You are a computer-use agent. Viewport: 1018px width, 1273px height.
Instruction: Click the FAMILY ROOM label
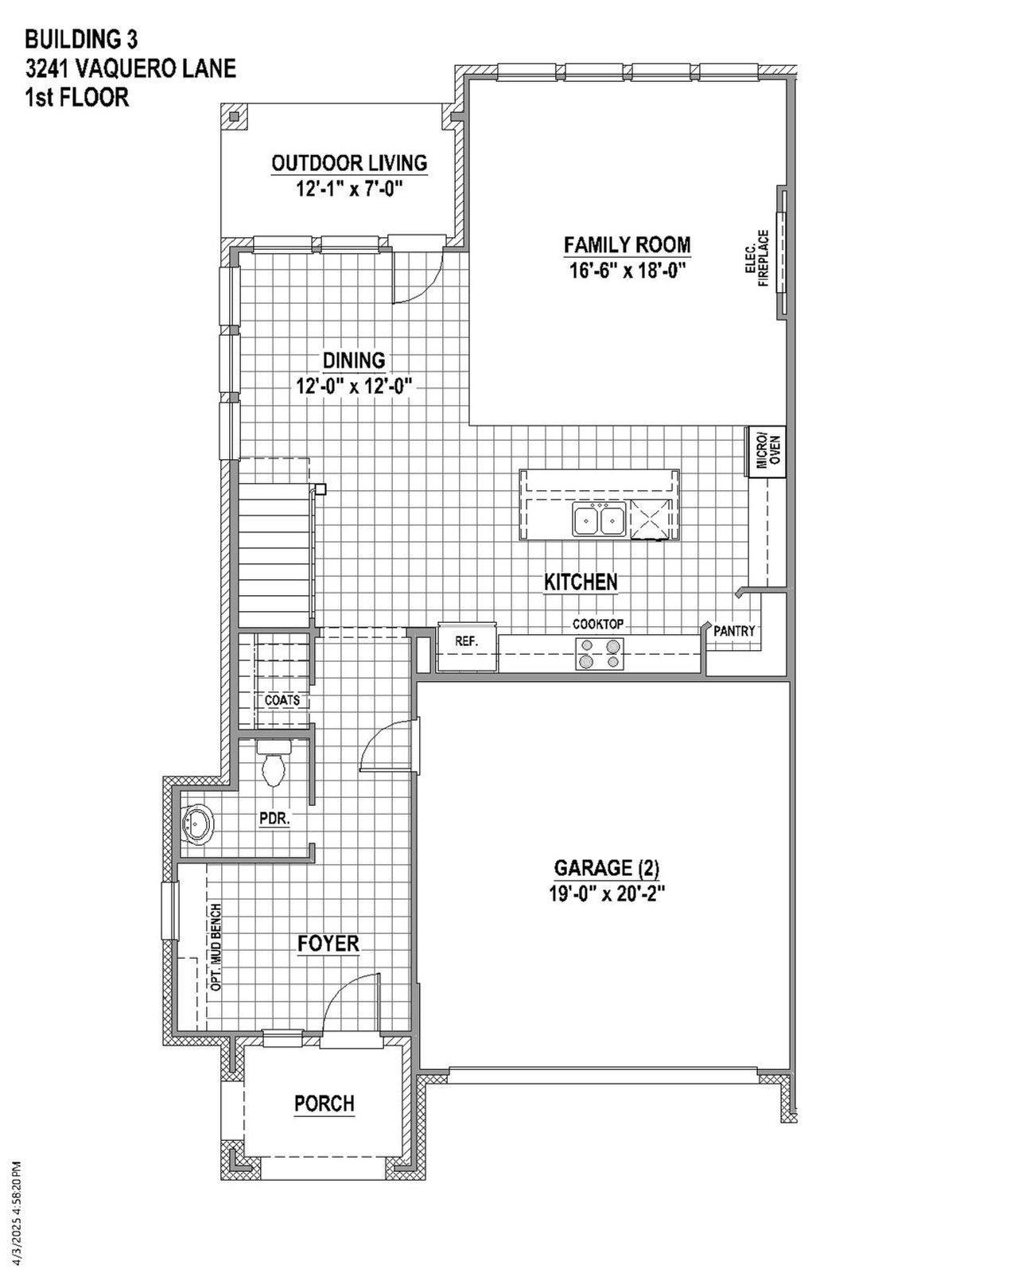[627, 245]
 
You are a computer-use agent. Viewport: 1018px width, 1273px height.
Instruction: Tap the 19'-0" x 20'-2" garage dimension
[606, 893]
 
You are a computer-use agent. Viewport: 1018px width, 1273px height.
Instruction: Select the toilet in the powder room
[274, 765]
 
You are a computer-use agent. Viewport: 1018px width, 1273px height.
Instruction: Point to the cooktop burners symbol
[600, 653]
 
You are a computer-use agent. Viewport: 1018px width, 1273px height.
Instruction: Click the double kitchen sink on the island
[599, 520]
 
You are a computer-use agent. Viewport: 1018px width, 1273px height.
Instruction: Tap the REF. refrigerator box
[466, 641]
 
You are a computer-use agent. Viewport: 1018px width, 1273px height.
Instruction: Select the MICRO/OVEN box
[766, 452]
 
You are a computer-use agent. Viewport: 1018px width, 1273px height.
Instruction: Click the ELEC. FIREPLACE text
[757, 259]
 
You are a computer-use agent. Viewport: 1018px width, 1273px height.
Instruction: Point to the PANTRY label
[733, 631]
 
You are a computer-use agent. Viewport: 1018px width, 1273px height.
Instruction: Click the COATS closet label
[282, 700]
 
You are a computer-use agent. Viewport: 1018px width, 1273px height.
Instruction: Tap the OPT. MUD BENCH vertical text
[216, 947]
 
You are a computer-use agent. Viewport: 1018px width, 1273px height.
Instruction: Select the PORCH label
[324, 1104]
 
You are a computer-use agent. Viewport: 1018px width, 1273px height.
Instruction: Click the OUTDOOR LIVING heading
[349, 163]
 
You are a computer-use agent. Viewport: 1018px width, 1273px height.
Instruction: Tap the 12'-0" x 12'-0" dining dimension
[353, 387]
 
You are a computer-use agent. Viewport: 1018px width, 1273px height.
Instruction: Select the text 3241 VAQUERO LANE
[130, 68]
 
